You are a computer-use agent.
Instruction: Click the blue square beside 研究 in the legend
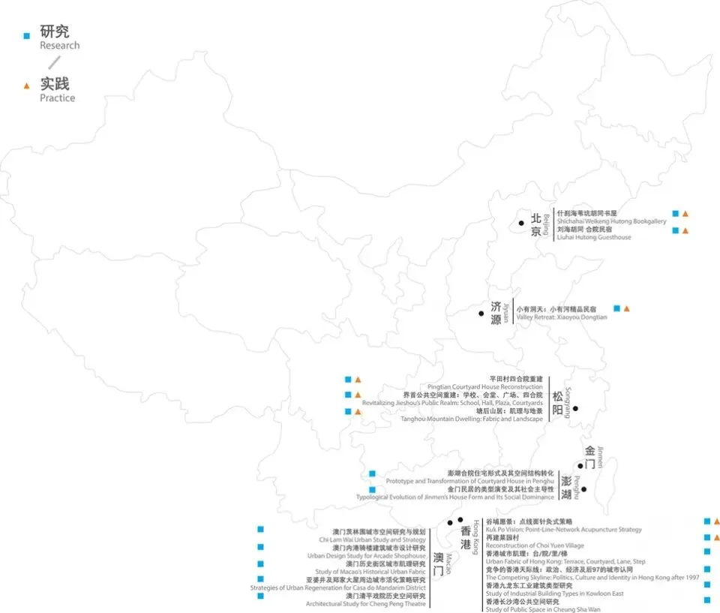(27, 35)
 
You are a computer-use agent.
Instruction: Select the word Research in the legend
(59, 45)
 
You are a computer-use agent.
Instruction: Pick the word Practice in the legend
(58, 98)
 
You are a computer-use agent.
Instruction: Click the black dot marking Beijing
(520, 223)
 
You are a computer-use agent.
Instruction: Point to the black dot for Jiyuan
(481, 312)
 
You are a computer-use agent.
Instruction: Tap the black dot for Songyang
(576, 408)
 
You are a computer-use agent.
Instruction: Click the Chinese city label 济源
(495, 312)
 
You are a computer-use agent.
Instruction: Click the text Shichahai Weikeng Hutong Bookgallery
(611, 221)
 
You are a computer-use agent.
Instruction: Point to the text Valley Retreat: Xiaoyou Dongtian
(562, 317)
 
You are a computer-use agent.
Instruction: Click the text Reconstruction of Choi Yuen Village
(535, 545)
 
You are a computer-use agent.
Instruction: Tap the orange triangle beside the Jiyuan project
(627, 308)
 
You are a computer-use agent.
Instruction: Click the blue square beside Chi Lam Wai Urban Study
(260, 530)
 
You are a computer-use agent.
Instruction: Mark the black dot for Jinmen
(580, 466)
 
